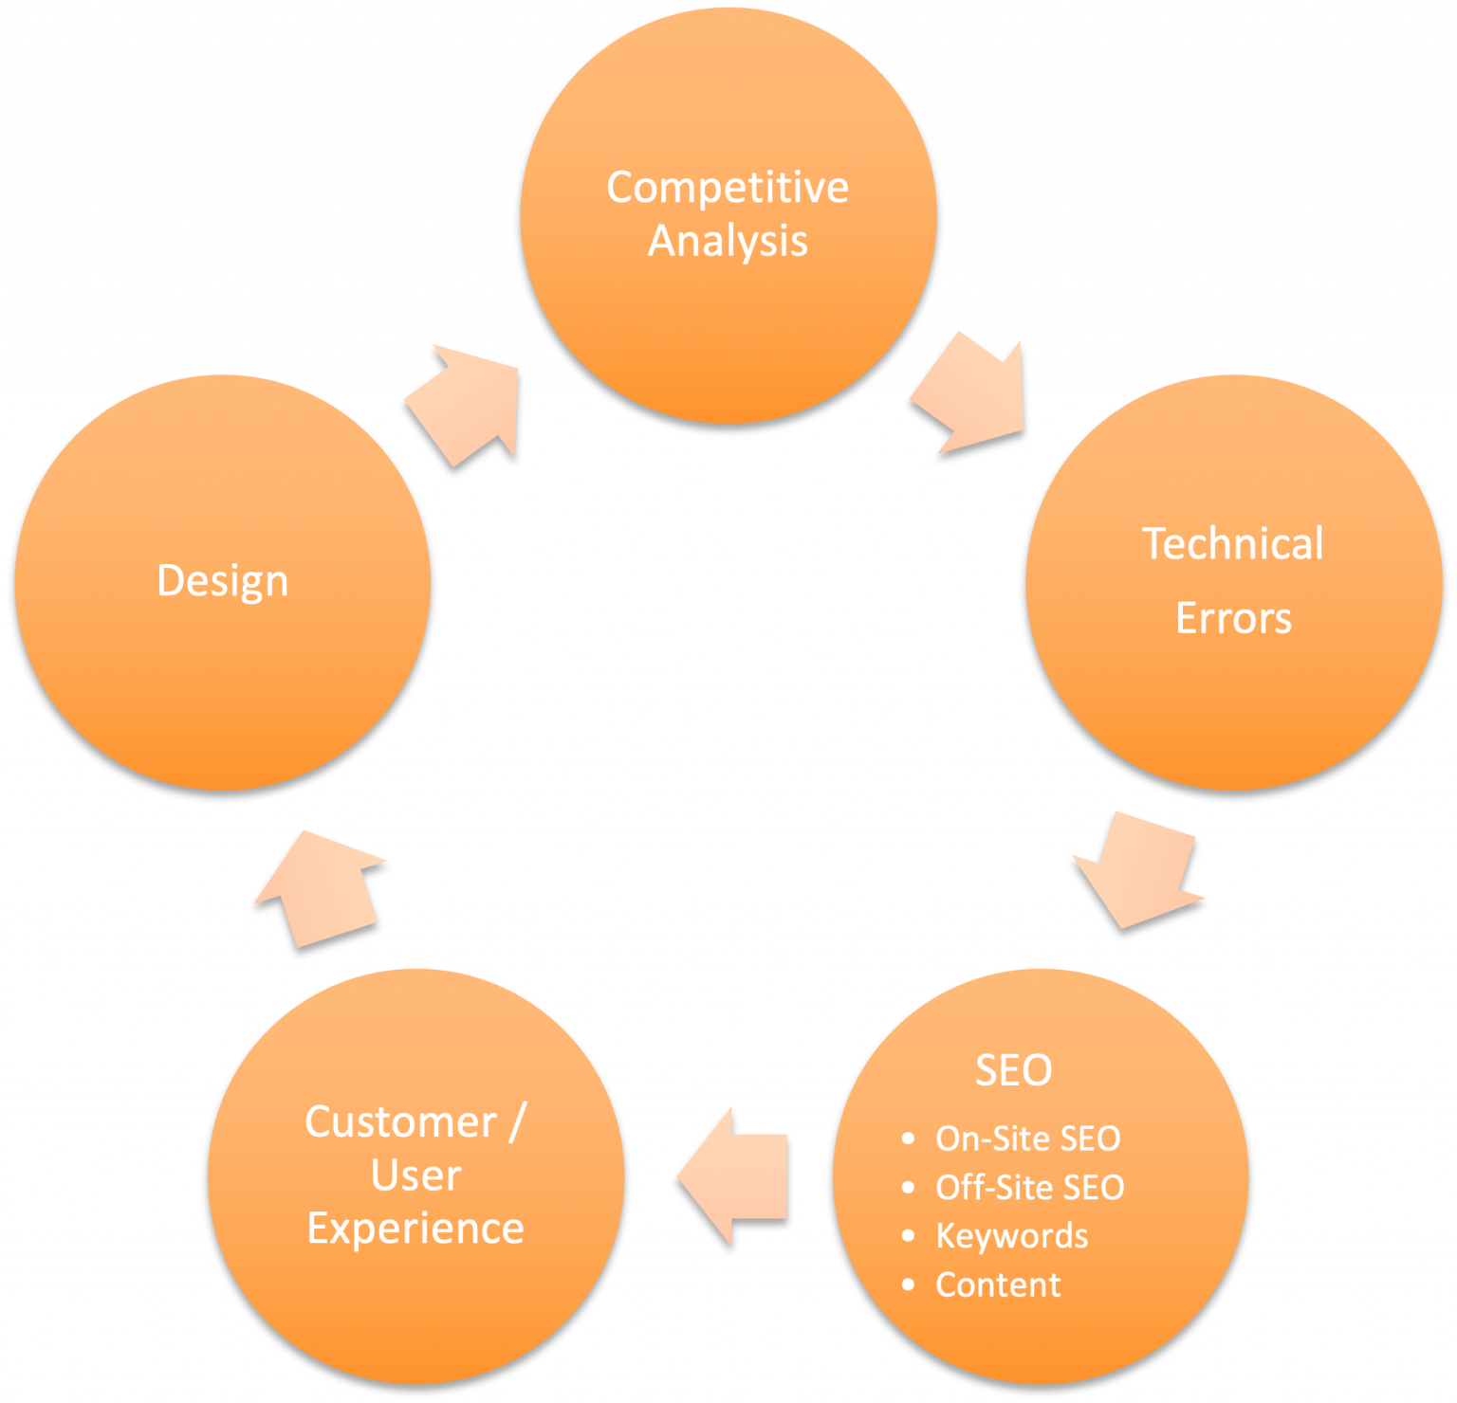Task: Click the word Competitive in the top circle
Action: [x=728, y=188]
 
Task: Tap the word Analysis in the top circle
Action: [x=728, y=241]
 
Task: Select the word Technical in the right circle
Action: [x=1232, y=544]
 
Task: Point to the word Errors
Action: [x=1233, y=618]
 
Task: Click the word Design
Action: [x=222, y=581]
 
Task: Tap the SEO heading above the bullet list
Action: [x=1013, y=1070]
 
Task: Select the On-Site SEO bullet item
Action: [x=1027, y=1139]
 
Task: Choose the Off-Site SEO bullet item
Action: [x=1029, y=1188]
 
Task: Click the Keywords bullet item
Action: [x=1011, y=1236]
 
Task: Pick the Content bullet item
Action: [x=998, y=1285]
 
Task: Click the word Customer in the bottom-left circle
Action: [x=400, y=1122]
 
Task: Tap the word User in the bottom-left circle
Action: [x=415, y=1175]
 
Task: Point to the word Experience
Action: [x=415, y=1230]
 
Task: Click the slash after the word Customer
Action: [x=517, y=1122]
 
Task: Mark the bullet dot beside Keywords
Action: [x=909, y=1236]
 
